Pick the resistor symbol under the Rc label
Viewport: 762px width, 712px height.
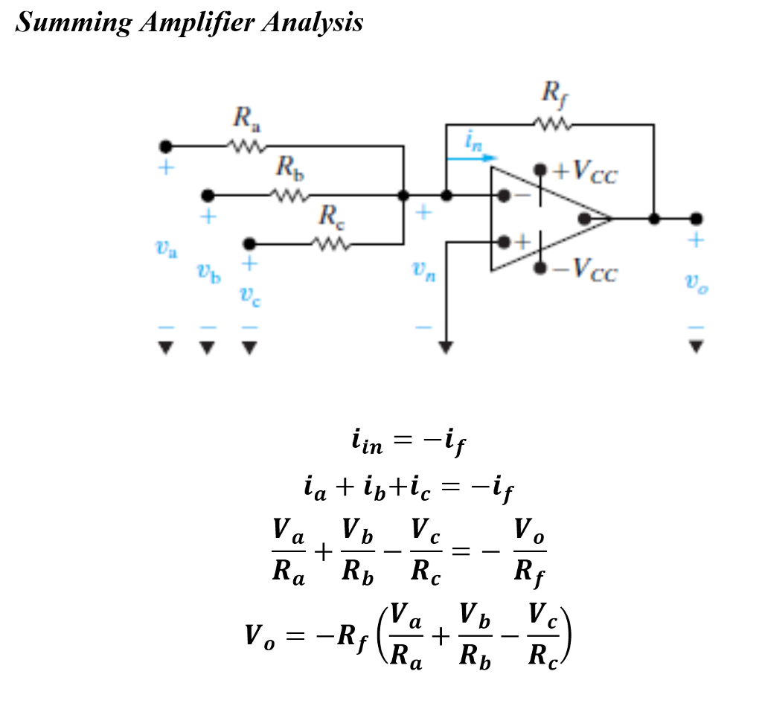click(328, 243)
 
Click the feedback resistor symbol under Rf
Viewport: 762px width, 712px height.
click(551, 124)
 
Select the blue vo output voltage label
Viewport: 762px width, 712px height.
click(696, 283)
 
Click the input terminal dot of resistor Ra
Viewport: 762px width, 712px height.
click(165, 146)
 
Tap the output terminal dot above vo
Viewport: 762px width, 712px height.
click(696, 219)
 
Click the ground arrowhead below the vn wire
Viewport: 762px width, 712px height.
click(445, 347)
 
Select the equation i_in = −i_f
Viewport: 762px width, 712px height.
click(409, 443)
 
